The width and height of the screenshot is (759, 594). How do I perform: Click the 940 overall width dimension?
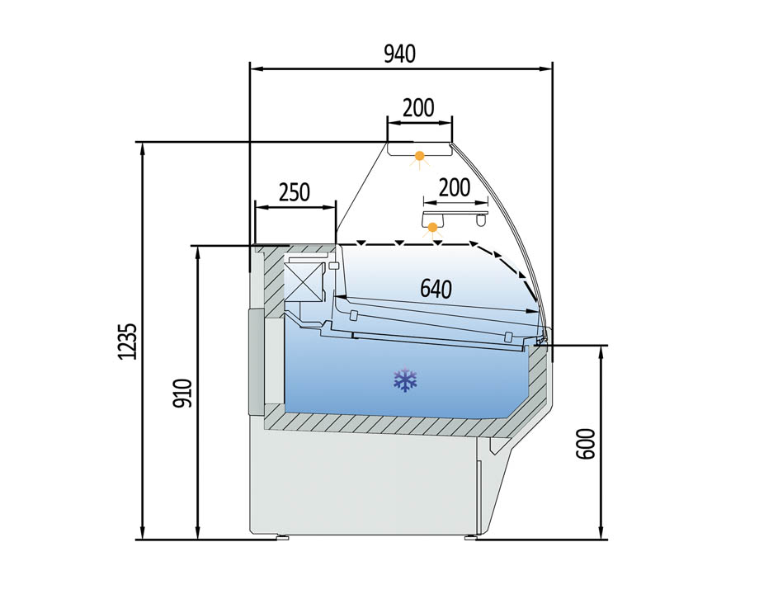[x=399, y=54]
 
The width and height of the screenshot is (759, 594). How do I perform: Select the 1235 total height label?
[x=128, y=342]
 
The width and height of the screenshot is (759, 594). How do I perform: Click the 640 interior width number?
[x=436, y=289]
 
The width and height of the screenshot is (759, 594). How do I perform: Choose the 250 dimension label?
[x=295, y=192]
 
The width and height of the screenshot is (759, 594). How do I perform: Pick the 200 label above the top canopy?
[x=419, y=108]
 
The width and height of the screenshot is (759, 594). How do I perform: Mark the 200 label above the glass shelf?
[x=454, y=187]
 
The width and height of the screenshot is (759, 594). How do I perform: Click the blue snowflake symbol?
[x=405, y=380]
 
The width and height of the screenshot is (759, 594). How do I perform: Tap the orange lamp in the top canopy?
[x=419, y=157]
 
